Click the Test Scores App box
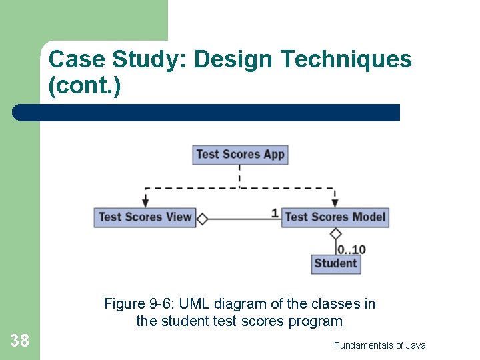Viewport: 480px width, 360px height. coord(239,155)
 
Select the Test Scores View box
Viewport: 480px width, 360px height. coord(145,217)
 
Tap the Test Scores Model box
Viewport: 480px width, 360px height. coord(335,217)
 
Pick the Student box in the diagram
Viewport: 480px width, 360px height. coord(335,264)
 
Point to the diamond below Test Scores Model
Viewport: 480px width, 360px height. coord(336,233)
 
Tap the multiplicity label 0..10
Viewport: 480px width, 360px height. coord(351,249)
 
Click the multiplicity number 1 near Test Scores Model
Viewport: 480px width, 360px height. coord(275,213)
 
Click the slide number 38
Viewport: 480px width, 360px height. coord(19,341)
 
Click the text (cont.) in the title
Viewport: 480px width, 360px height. coord(85,86)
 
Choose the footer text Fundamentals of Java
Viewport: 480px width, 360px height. coord(379,345)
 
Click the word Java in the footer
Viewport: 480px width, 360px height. coord(415,345)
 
